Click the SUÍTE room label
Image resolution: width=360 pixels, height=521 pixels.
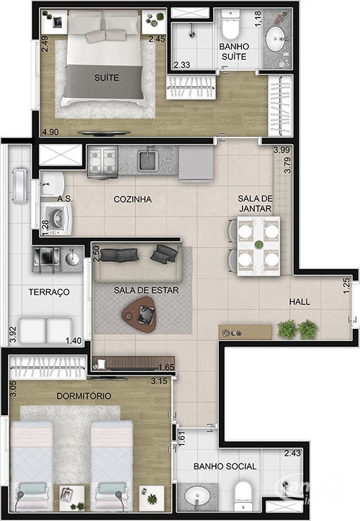pyautogui.click(x=107, y=78)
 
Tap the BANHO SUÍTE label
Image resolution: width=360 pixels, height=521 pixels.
pyautogui.click(x=234, y=52)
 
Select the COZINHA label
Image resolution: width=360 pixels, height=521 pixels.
pyautogui.click(x=132, y=199)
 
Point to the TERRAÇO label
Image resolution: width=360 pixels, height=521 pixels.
pyautogui.click(x=49, y=292)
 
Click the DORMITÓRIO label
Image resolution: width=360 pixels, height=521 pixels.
pyautogui.click(x=84, y=396)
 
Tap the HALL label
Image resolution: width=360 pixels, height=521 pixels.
pyautogui.click(x=300, y=302)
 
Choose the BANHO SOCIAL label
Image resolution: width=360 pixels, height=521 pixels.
pyautogui.click(x=225, y=466)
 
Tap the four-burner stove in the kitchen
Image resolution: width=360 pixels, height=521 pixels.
pyautogui.click(x=102, y=162)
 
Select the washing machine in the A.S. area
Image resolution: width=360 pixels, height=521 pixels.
pyautogui.click(x=56, y=219)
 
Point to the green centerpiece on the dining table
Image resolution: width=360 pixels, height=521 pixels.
pyautogui.click(x=258, y=245)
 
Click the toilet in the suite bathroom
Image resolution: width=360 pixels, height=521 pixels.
pyautogui.click(x=230, y=24)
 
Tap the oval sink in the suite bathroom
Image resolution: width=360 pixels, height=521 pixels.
pyautogui.click(x=276, y=39)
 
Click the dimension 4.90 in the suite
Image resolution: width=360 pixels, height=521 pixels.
pyautogui.click(x=50, y=132)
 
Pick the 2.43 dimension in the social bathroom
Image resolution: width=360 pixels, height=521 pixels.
pyautogui.click(x=292, y=453)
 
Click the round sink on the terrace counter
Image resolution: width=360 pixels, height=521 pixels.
pyautogui.click(x=73, y=259)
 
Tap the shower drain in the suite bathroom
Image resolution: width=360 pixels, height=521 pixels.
pyautogui.click(x=192, y=35)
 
